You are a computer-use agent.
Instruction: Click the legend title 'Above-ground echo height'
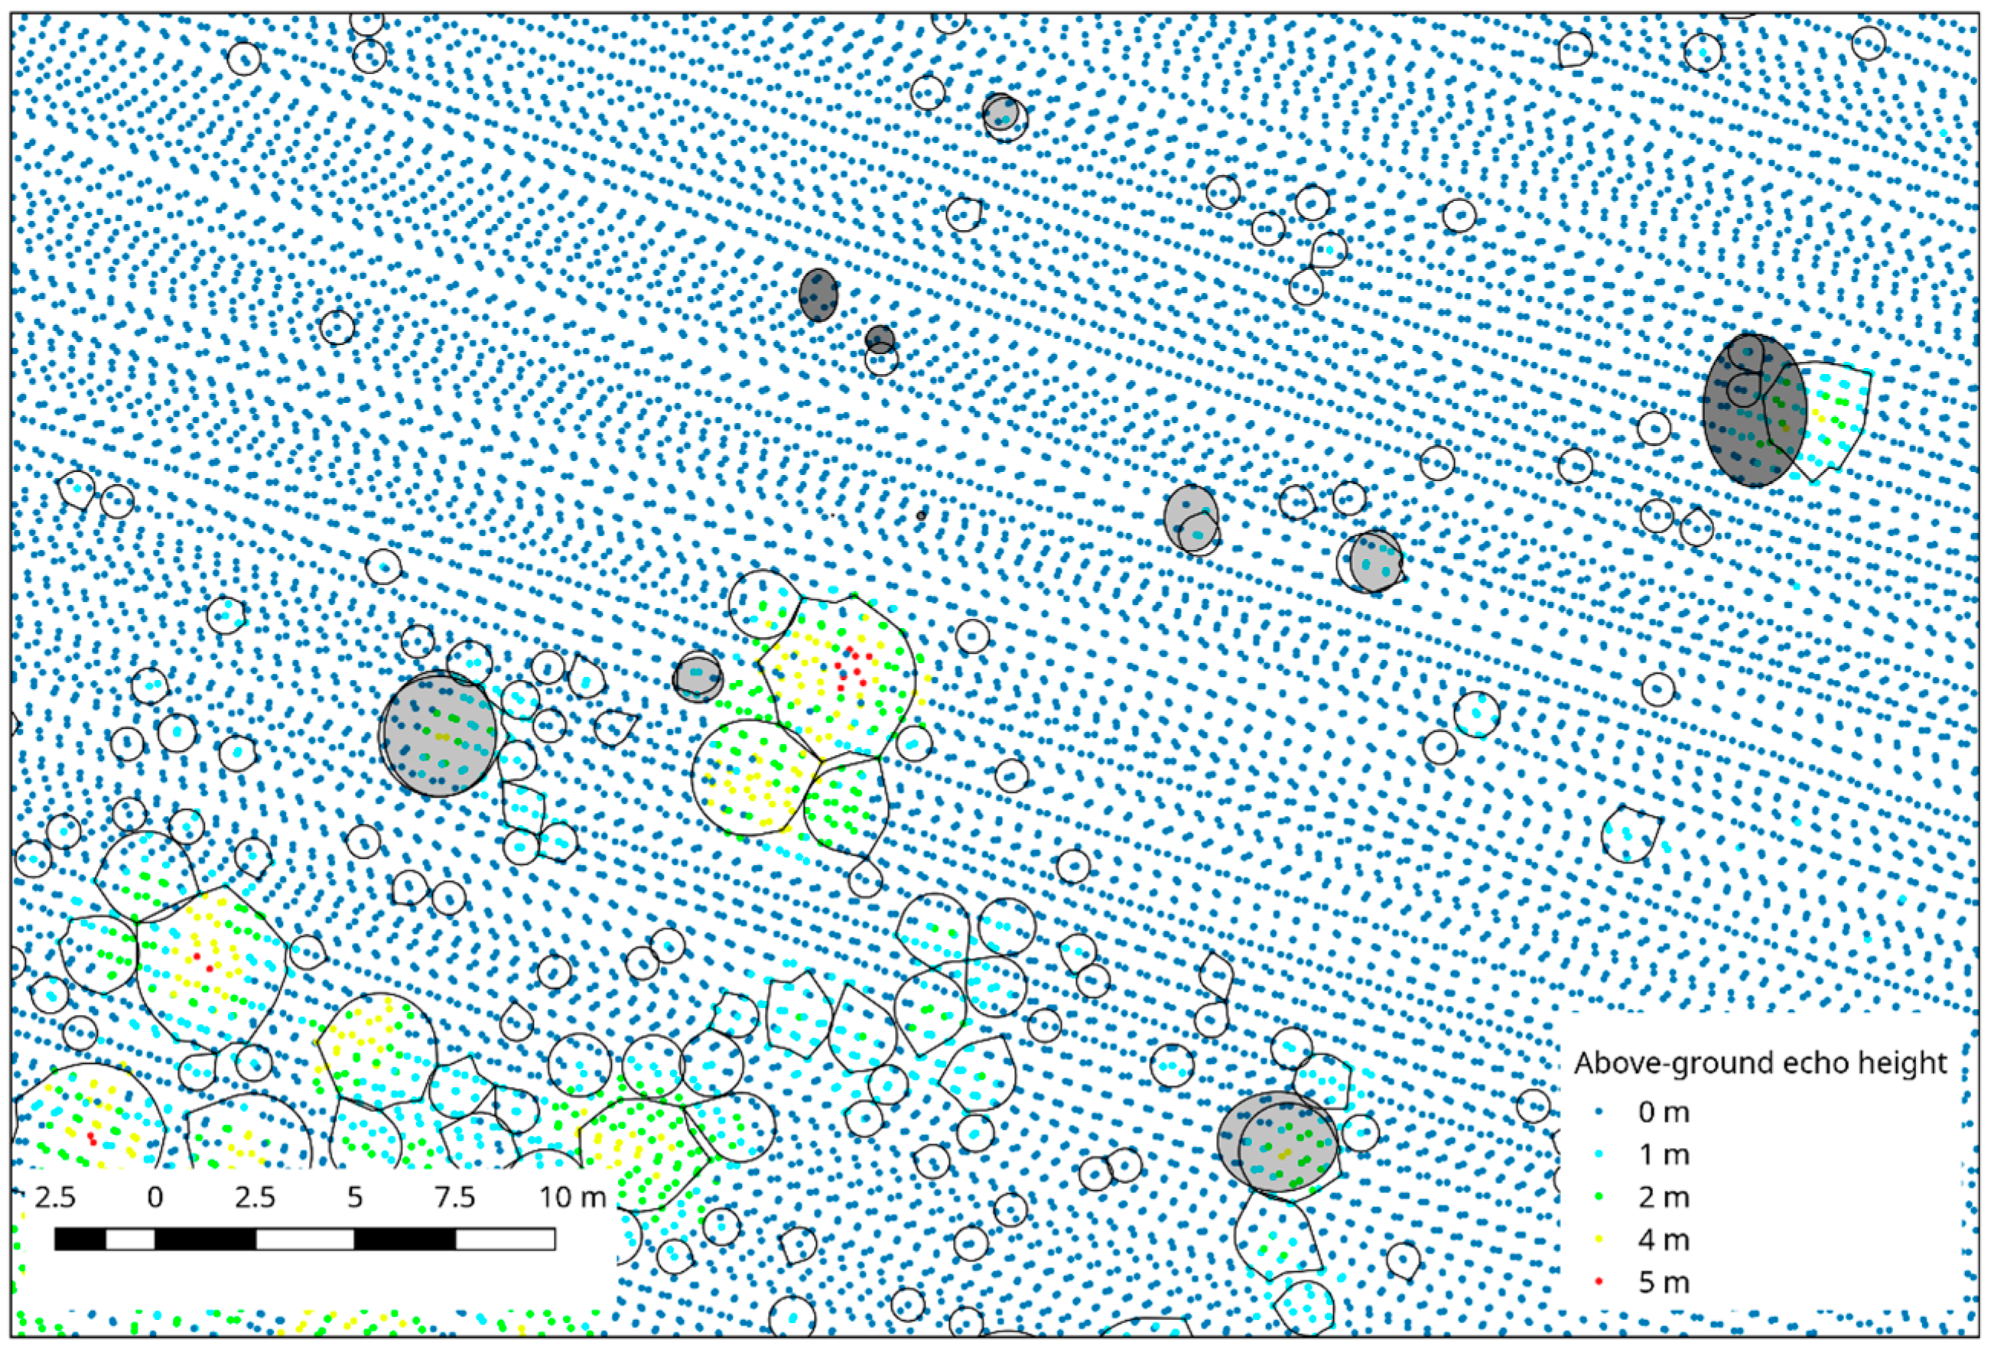point(1761,1063)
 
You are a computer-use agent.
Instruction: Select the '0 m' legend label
point(1664,1112)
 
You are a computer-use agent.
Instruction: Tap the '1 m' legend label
point(1664,1155)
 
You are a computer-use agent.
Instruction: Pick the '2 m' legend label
point(1664,1197)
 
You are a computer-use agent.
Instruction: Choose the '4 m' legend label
point(1664,1240)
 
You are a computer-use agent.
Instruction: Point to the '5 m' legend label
point(1664,1283)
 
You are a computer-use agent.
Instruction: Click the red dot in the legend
point(1598,1283)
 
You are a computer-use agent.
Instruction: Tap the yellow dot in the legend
point(1598,1240)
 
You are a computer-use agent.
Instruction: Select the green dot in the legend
point(1598,1197)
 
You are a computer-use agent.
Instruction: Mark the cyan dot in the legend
point(1598,1155)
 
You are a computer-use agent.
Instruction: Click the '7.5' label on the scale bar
point(455,1196)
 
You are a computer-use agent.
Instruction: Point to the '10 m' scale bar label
point(571,1196)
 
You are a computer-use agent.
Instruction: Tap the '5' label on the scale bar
point(355,1196)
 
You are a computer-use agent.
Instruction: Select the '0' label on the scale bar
point(155,1196)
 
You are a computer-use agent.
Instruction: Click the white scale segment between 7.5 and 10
point(505,1239)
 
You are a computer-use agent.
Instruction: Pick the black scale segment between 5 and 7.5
point(405,1239)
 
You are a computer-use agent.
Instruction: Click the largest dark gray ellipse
point(1754,411)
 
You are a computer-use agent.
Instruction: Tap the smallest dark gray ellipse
point(879,339)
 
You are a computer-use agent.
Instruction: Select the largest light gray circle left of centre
point(438,734)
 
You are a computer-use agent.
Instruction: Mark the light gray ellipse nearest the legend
point(1277,1140)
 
